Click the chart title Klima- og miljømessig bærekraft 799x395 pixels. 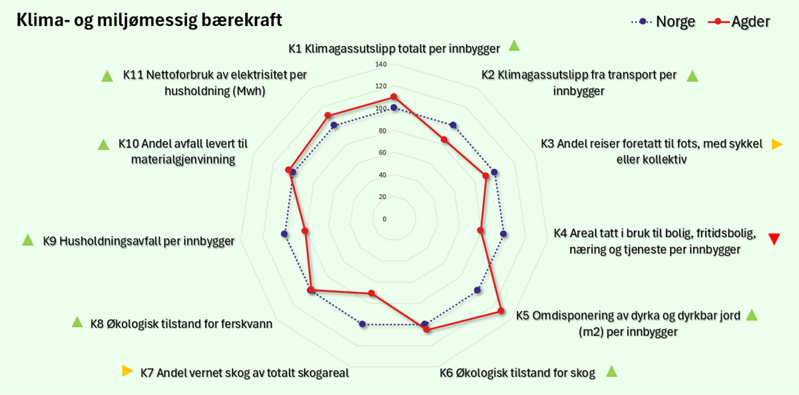click(149, 20)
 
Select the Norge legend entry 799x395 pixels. click(663, 22)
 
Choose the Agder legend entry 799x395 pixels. click(739, 22)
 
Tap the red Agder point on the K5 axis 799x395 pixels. click(501, 311)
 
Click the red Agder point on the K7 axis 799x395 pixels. click(372, 293)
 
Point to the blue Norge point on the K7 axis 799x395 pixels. click(362, 324)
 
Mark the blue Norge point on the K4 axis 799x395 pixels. click(503, 234)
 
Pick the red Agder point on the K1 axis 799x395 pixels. click(394, 97)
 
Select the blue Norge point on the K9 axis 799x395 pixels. click(284, 234)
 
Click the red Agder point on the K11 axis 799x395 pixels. click(328, 116)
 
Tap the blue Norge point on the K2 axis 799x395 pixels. click(453, 125)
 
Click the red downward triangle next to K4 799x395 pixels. click(774, 239)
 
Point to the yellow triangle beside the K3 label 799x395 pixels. click(777, 144)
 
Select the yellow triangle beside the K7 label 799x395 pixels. click(127, 371)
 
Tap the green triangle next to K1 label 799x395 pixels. click(514, 45)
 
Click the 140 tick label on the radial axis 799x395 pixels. click(381, 65)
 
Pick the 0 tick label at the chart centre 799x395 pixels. click(384, 219)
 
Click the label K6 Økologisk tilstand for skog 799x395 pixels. click(517, 373)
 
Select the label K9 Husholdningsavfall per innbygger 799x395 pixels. click(138, 241)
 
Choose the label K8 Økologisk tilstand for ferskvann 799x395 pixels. click(181, 324)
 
